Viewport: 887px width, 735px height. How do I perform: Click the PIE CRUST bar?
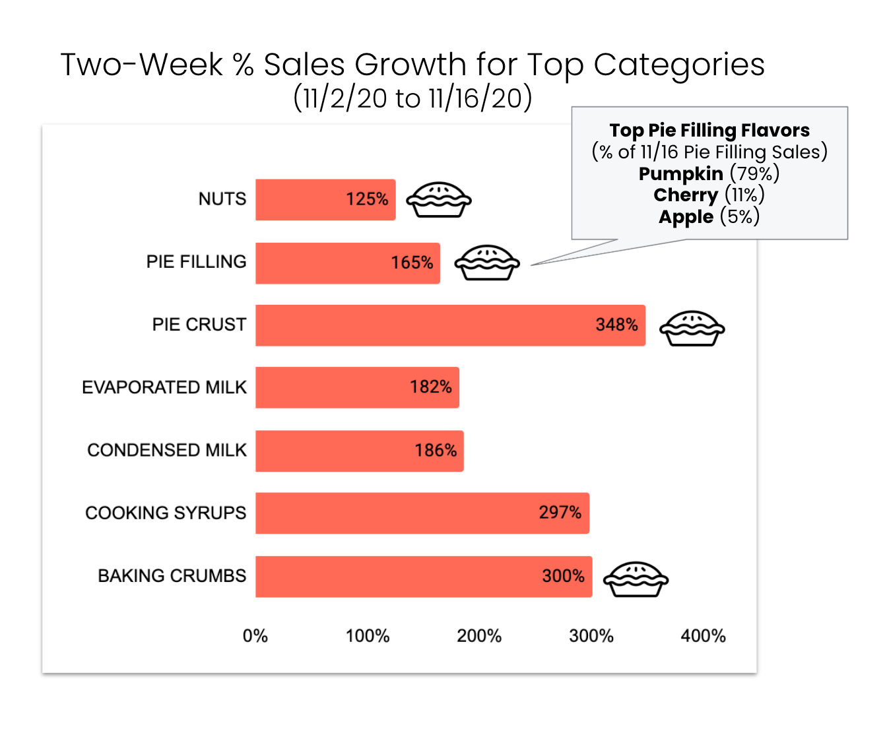click(x=450, y=325)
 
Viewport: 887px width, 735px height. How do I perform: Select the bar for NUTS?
click(x=325, y=199)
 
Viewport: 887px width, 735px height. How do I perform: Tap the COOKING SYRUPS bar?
click(x=422, y=513)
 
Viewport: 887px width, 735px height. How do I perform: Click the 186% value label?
click(x=436, y=451)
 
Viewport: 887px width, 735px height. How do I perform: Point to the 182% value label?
click(x=431, y=387)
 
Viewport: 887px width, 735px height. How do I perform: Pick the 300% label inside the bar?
click(x=563, y=576)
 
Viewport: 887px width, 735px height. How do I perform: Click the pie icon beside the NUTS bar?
click(x=438, y=199)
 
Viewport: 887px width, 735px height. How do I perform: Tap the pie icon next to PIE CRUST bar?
click(x=692, y=328)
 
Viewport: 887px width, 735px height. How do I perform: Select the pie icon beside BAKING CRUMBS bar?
click(x=636, y=579)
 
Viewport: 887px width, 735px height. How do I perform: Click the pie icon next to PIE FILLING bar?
click(x=487, y=263)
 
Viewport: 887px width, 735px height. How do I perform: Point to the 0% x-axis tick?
click(x=255, y=636)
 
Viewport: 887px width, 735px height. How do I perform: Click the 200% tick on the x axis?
click(x=479, y=636)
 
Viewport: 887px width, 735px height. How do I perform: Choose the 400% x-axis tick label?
click(x=703, y=636)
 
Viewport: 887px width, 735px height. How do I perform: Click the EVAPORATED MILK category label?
click(x=164, y=387)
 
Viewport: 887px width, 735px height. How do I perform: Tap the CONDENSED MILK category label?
click(x=167, y=450)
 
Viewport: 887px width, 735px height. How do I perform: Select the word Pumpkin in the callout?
click(x=680, y=174)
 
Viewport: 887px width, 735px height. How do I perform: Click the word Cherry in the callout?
click(x=686, y=195)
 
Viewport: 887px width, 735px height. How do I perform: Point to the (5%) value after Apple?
click(x=740, y=216)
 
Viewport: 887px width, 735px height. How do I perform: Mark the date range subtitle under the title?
click(x=412, y=99)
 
